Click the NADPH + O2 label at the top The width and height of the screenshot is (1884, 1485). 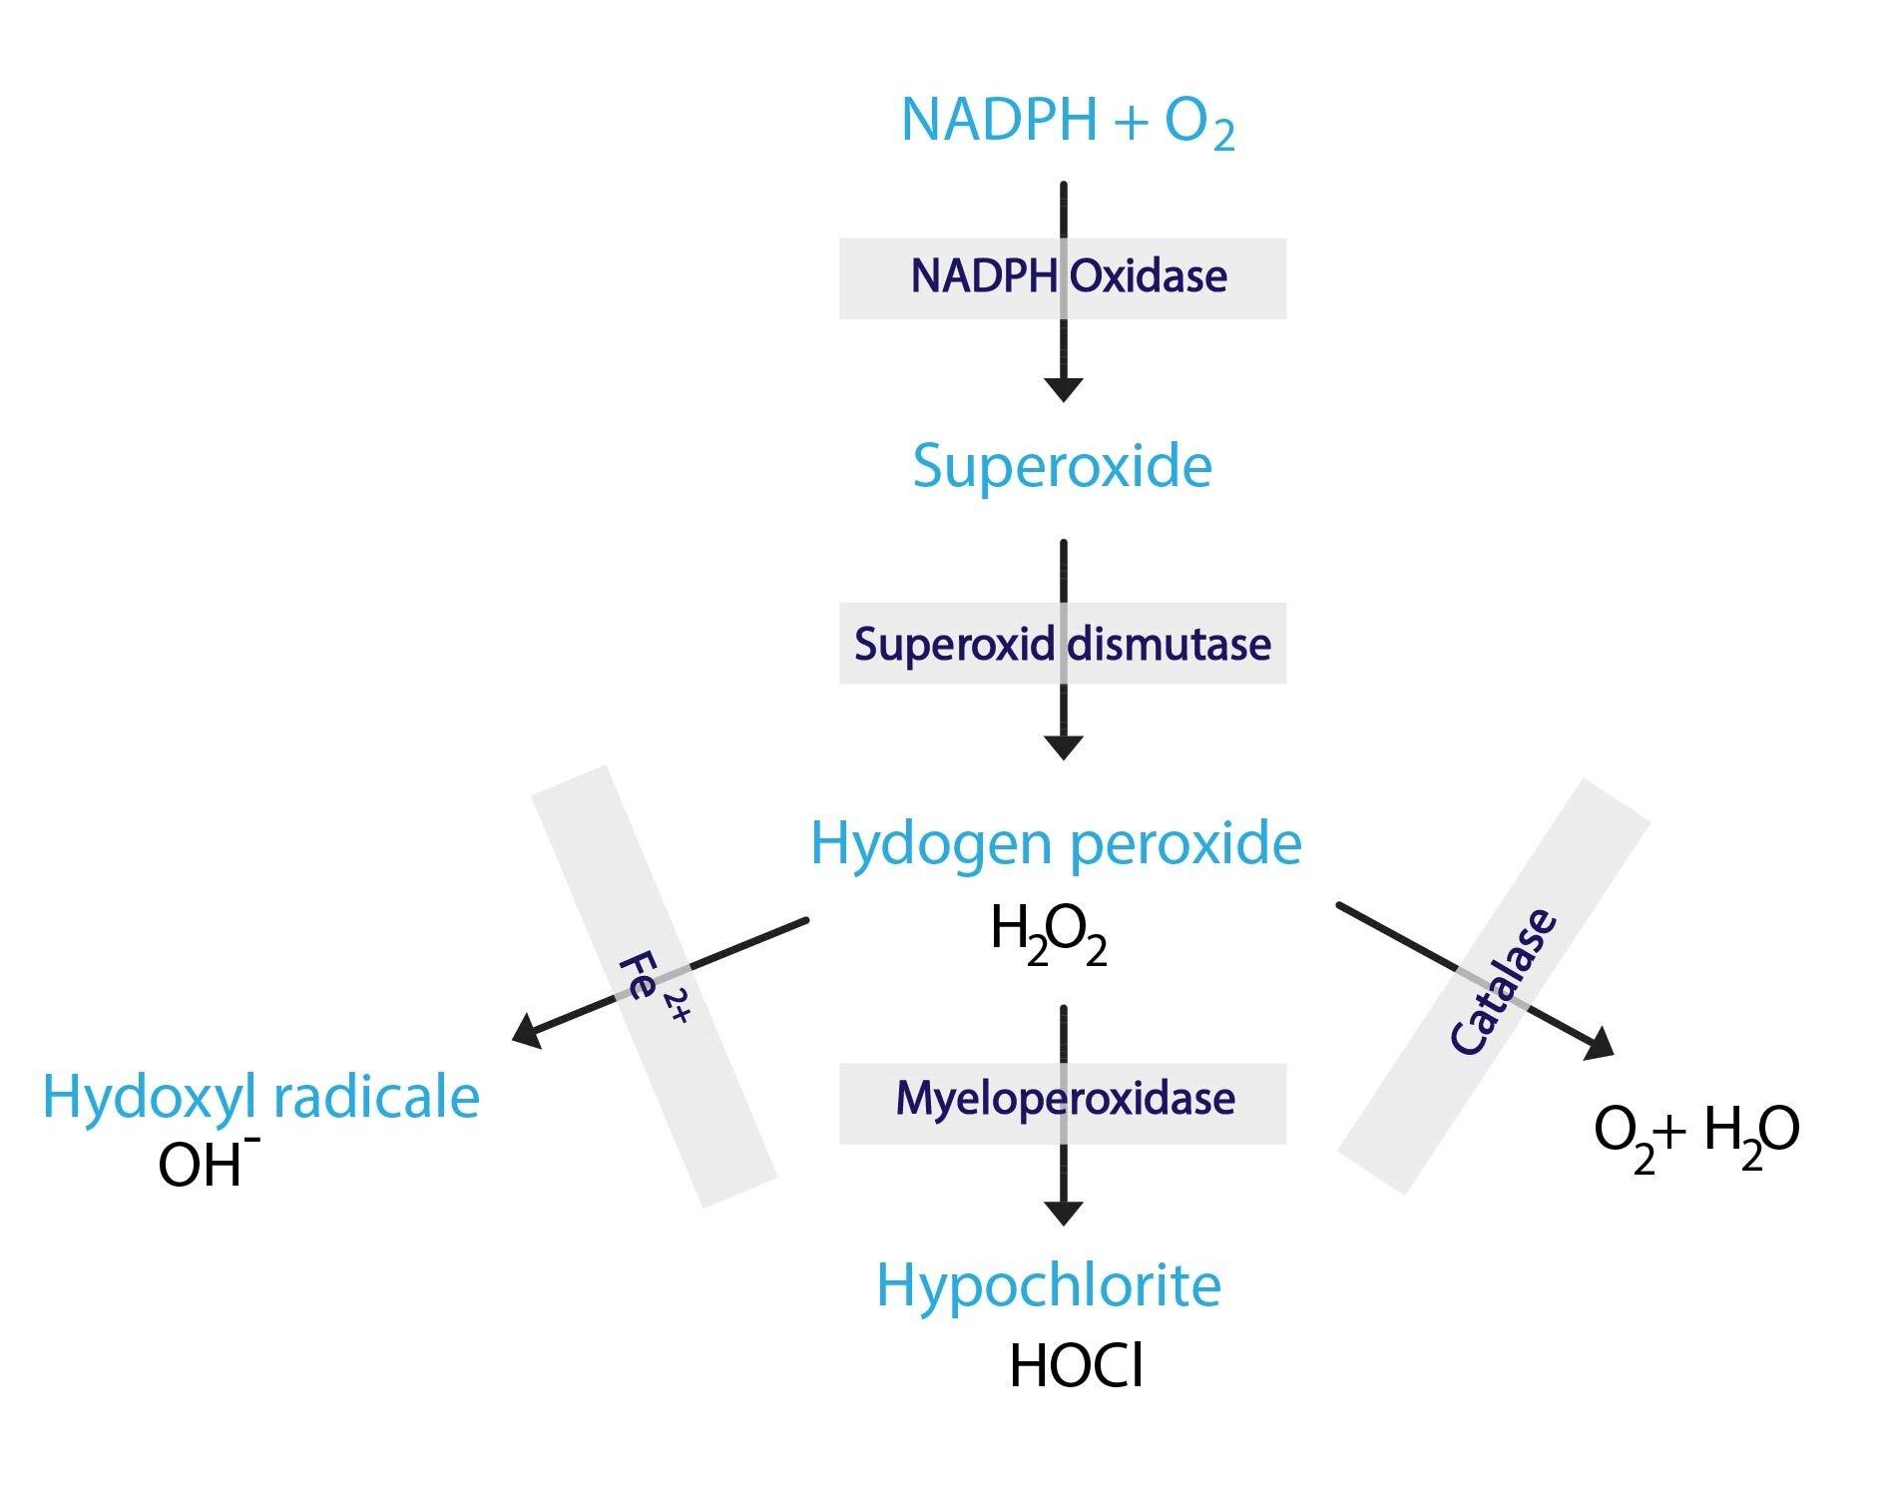coord(1067,121)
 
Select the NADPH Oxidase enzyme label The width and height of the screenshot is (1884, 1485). coord(1068,276)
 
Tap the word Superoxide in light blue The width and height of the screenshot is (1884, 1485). coord(1062,465)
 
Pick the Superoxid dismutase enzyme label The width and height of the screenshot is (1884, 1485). coord(1062,644)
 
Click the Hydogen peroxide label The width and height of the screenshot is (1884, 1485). coord(1056,843)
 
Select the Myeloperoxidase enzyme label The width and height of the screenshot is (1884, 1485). coord(1065,1099)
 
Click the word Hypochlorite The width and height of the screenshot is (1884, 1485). coord(1049,1285)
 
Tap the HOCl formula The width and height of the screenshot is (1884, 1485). coord(1076,1365)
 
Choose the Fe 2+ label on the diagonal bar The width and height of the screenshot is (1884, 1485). coord(653,988)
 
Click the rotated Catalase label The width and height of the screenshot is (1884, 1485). coord(1502,982)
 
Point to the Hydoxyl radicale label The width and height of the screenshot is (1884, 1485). coord(260,1096)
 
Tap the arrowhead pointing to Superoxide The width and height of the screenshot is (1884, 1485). coord(1063,389)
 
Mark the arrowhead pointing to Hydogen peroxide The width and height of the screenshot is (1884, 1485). coord(1063,747)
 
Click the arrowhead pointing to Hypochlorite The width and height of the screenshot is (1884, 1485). coord(1063,1213)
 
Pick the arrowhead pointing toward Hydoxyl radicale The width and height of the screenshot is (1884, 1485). coord(527,1031)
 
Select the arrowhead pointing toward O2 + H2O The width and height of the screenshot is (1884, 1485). coord(1599,1044)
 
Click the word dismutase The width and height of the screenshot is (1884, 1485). coord(1169,644)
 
